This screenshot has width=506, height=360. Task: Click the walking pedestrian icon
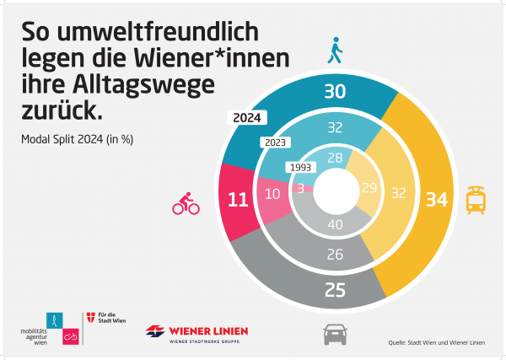tap(336, 51)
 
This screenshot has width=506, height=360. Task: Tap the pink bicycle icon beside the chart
tap(186, 203)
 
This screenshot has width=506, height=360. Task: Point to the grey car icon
tap(336, 336)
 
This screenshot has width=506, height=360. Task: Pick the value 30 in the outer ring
tap(335, 91)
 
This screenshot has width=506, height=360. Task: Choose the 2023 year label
tap(275, 142)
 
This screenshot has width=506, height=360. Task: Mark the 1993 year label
tap(301, 167)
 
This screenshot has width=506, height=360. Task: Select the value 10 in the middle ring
tap(273, 193)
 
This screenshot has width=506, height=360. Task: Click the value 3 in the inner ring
tap(301, 189)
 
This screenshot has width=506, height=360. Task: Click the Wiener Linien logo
tap(196, 332)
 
